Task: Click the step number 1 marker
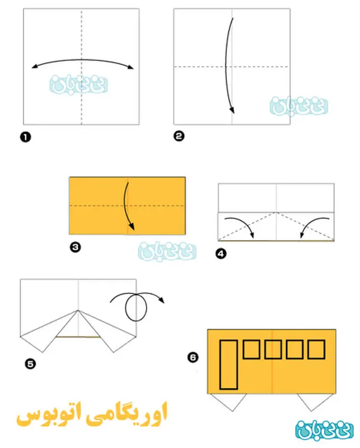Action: point(25,137)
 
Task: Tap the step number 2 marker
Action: point(179,136)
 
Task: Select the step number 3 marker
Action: point(76,247)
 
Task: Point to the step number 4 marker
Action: point(221,254)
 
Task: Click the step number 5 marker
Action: point(30,363)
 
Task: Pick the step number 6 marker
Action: point(193,357)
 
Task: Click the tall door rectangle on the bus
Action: point(228,365)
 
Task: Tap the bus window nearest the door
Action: point(251,349)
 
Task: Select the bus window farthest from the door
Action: point(316,349)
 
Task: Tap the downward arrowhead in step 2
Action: point(232,110)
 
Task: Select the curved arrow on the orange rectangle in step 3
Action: point(125,206)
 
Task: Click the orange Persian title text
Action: point(91,414)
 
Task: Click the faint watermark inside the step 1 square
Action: point(78,85)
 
